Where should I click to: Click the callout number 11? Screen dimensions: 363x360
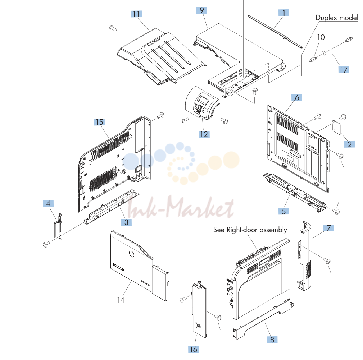pos(136,14)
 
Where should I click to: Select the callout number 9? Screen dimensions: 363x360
pos(201,10)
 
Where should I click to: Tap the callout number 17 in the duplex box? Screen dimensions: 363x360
pos(344,70)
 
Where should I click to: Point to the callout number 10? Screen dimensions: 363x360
pos(321,37)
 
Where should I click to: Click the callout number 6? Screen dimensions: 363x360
pos(297,98)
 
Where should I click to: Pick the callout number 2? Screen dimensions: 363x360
pos(349,144)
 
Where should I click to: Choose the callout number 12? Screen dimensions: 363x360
pos(204,134)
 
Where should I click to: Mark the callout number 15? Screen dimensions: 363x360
pos(99,122)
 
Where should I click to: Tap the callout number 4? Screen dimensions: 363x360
pos(48,203)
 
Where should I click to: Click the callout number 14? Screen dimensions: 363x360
pos(121,300)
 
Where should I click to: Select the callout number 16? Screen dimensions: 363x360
pos(194,349)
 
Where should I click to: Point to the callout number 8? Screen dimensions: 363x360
pos(272,340)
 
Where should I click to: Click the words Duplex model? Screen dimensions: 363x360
pos(337,18)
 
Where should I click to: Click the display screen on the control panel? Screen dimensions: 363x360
pos(203,100)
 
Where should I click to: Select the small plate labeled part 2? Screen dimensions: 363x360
pos(336,128)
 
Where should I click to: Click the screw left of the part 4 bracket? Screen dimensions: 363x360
pos(46,244)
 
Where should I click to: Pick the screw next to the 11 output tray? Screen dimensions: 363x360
pos(113,28)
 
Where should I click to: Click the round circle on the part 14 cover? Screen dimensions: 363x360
pos(132,254)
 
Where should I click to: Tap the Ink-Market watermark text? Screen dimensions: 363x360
pos(181,208)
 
